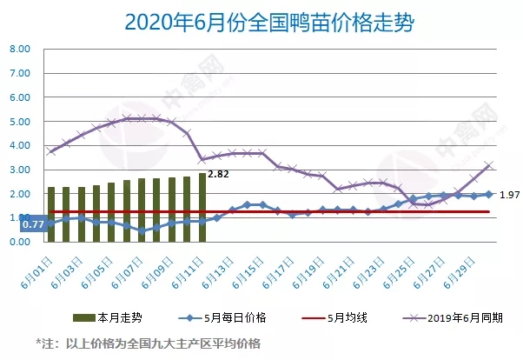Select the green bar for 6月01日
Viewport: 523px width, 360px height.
coord(51,214)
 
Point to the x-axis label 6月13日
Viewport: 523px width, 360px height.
coord(223,266)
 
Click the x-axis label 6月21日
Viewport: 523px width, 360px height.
coord(344,266)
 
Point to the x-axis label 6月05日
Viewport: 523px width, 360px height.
coord(103,266)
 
